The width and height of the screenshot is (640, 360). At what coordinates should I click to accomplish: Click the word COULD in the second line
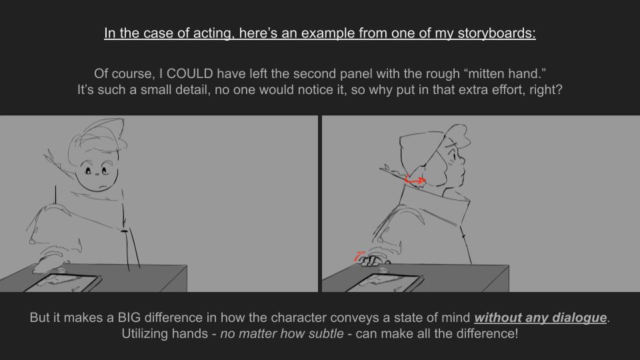pyautogui.click(x=190, y=73)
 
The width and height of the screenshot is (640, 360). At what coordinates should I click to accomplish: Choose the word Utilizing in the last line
pyautogui.click(x=145, y=333)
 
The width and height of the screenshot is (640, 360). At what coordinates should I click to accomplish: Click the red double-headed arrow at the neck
pyautogui.click(x=415, y=180)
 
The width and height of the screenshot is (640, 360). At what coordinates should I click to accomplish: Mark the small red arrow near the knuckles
pyautogui.click(x=359, y=256)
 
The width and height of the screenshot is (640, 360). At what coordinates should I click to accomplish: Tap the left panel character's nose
pyautogui.click(x=97, y=175)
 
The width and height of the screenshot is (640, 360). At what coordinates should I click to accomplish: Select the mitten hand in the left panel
pyautogui.click(x=50, y=263)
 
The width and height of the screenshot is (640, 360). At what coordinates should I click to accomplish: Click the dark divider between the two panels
pyautogui.click(x=319, y=204)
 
